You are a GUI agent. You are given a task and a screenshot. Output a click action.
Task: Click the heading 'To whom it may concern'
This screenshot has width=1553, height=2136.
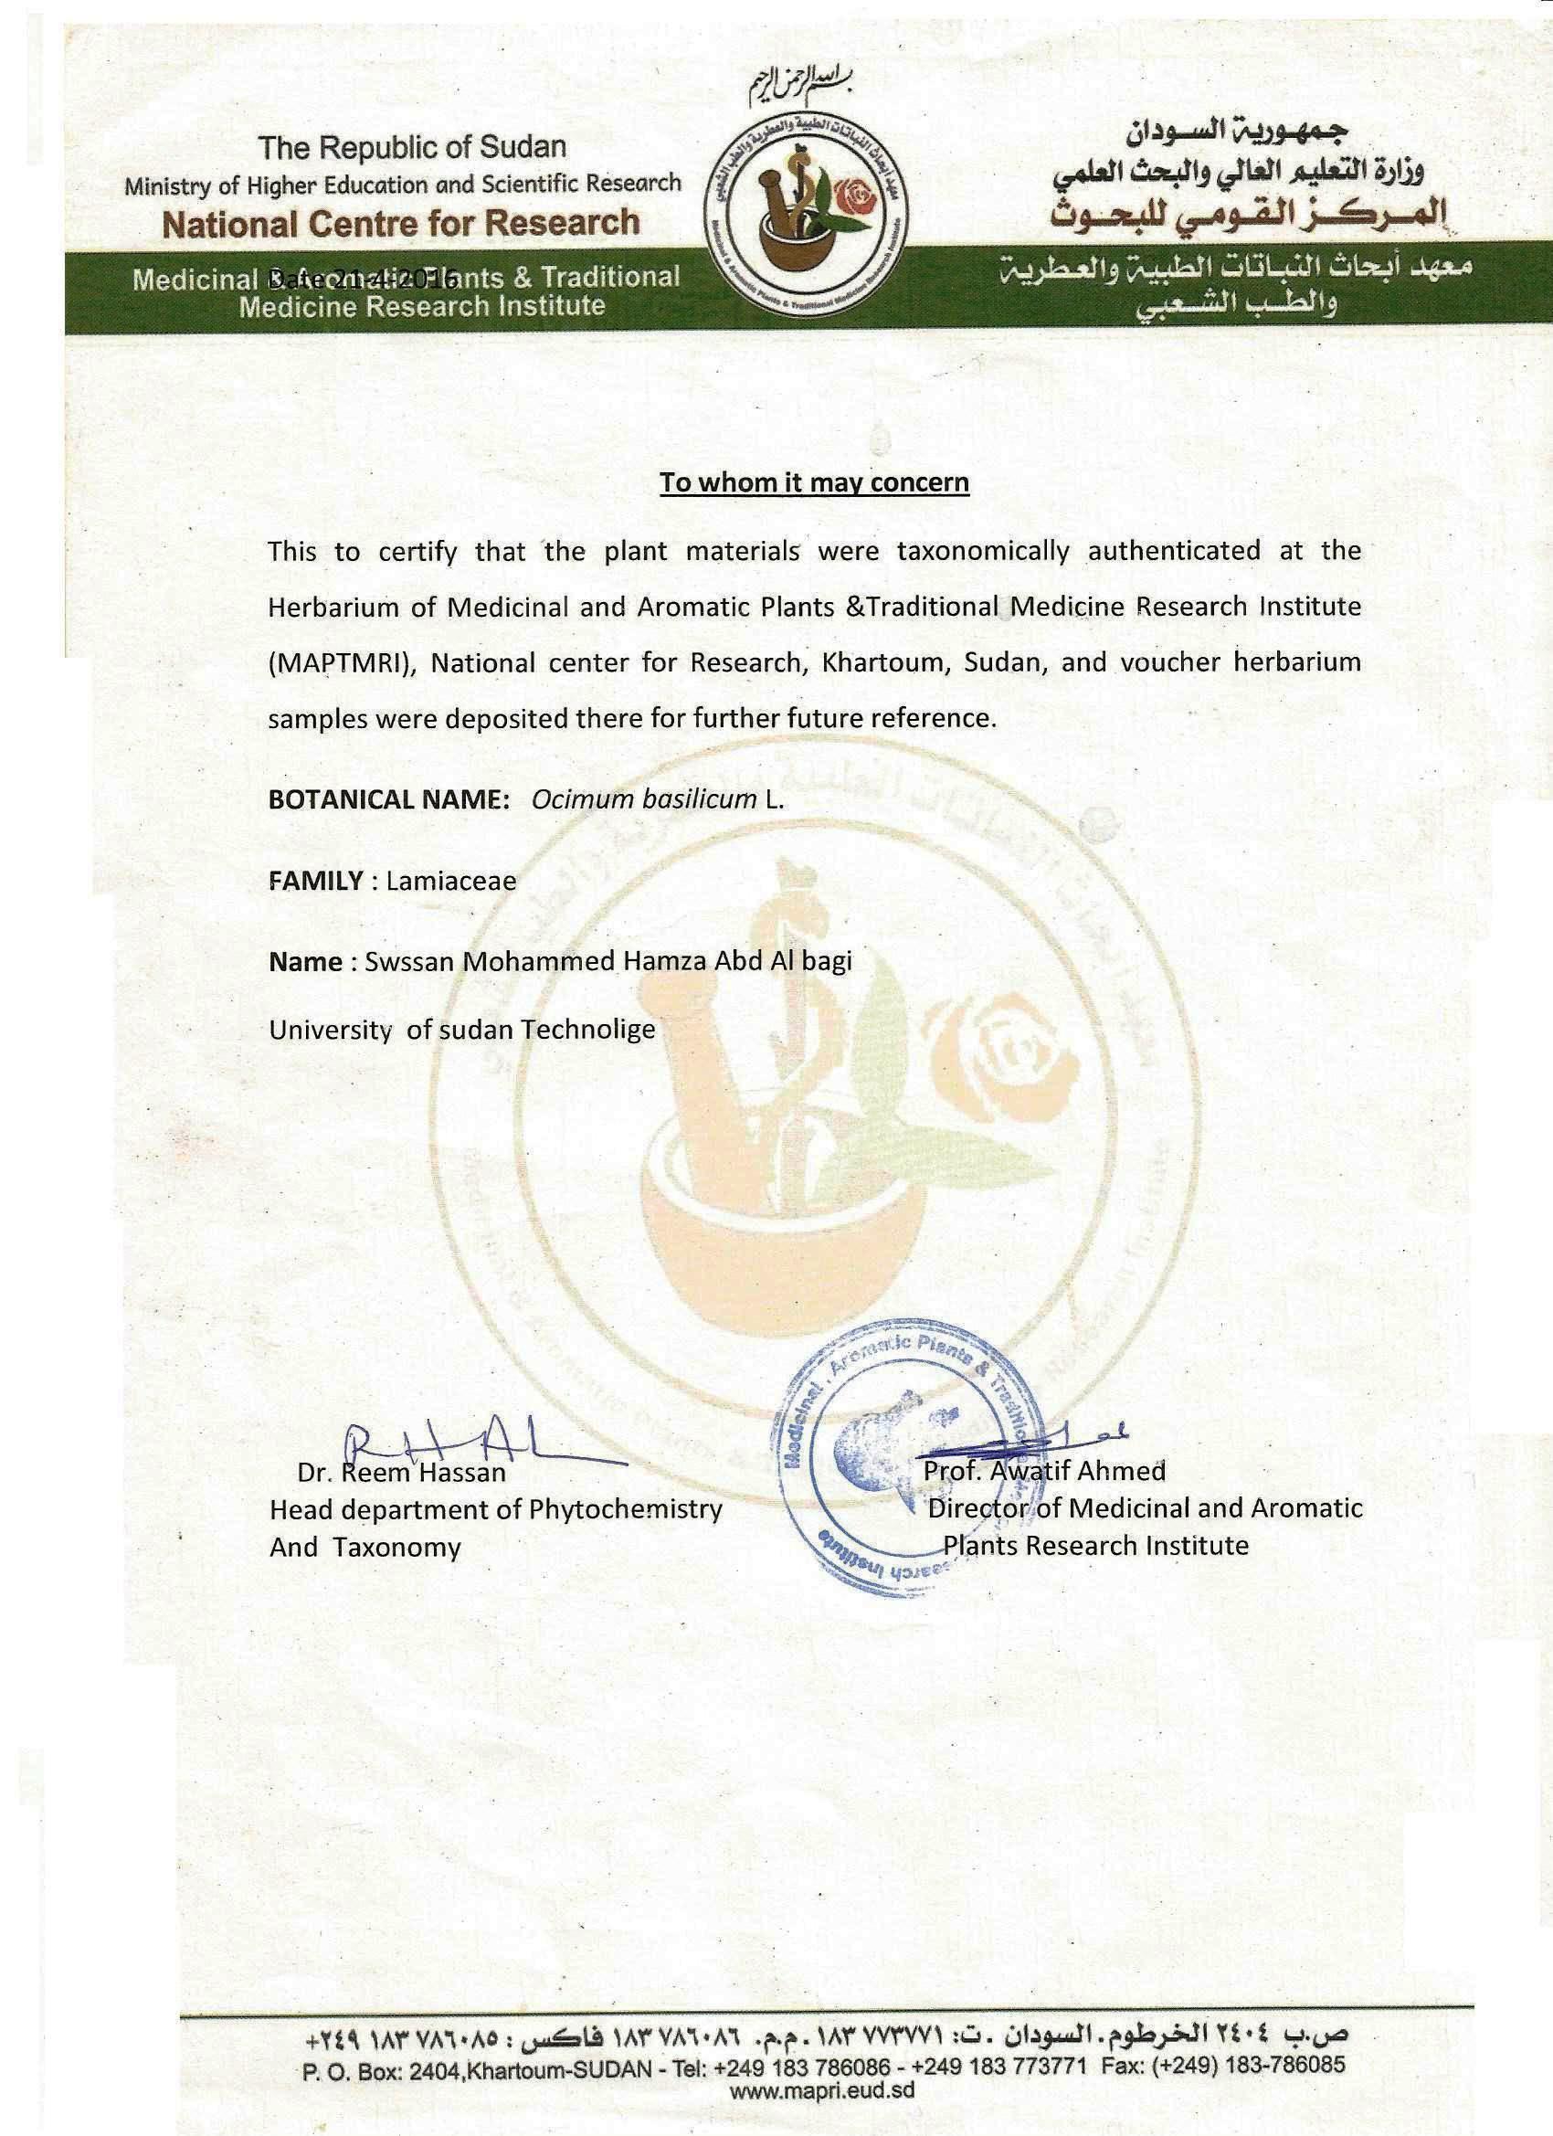pos(814,483)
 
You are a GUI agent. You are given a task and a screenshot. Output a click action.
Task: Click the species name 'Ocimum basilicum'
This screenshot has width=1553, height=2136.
pos(644,799)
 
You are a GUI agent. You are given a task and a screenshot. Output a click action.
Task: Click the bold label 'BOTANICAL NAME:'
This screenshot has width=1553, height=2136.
pos(389,799)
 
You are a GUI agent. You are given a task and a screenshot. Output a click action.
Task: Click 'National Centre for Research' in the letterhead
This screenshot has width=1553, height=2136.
pos(401,223)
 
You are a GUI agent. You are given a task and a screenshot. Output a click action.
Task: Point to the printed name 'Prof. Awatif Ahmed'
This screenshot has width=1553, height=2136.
pos(1044,1470)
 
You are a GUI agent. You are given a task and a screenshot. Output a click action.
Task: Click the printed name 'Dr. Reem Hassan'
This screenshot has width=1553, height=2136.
pos(402,1472)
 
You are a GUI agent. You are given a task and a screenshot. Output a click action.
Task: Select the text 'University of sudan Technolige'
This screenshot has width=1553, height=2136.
pos(461,1030)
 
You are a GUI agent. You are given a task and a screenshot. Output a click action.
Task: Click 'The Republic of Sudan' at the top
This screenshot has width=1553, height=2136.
pos(413,147)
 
